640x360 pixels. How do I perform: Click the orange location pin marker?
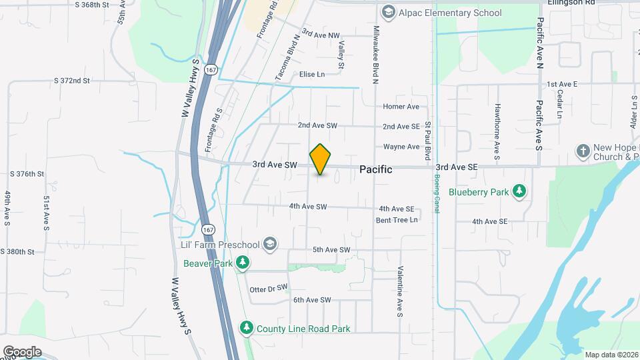tap(321, 159)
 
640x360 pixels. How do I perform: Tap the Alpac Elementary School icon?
tap(387, 13)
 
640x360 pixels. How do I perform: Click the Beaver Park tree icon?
tap(244, 263)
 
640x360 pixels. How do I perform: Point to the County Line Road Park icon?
tap(247, 328)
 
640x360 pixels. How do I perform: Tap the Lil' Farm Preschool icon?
tap(269, 244)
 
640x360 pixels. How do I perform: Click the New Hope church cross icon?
tap(583, 151)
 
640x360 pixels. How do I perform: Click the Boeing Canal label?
tap(437, 194)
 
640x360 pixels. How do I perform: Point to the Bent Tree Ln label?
tap(397, 219)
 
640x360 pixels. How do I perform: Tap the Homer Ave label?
tap(401, 107)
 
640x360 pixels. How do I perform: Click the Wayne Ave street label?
tap(401, 147)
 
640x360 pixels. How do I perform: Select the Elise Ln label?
tap(312, 74)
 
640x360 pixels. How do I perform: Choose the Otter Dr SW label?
tap(267, 289)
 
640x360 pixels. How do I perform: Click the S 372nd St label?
tap(81, 81)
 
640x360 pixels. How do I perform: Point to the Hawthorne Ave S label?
tap(497, 131)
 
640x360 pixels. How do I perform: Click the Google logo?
tap(22, 352)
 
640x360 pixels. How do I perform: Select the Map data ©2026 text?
tap(611, 355)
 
